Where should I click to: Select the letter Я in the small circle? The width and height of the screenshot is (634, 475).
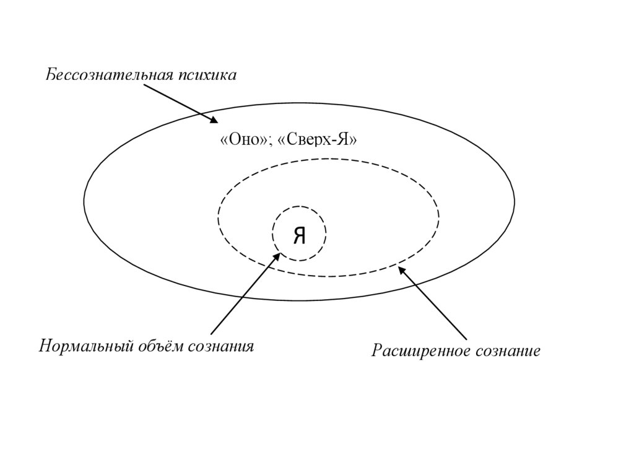(x=299, y=235)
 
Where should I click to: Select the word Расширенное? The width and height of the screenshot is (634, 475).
(x=420, y=352)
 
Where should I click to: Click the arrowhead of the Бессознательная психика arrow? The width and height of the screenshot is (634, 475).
(x=214, y=121)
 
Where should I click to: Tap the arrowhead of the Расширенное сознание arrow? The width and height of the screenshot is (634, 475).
(x=401, y=270)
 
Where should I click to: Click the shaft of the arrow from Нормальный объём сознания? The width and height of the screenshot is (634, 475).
(x=243, y=294)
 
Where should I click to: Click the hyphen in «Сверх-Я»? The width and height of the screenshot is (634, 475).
(x=334, y=141)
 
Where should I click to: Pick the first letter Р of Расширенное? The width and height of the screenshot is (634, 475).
(x=375, y=352)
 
